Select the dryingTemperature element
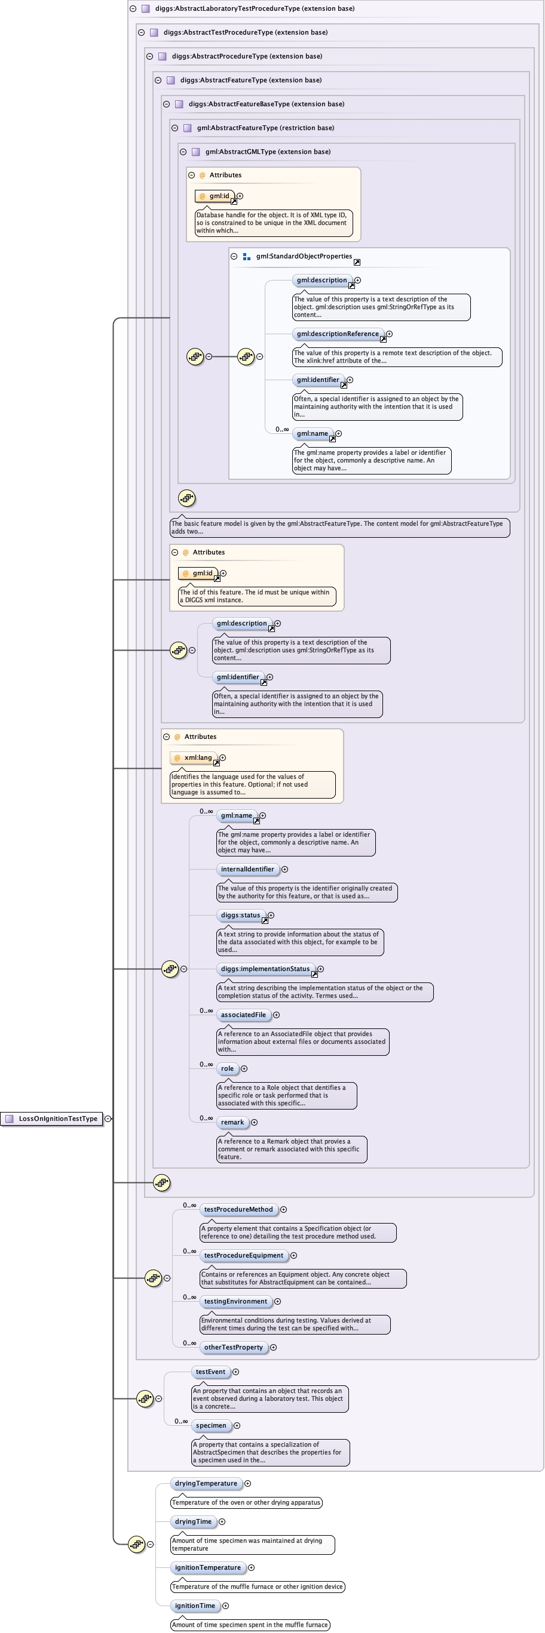click(x=206, y=1483)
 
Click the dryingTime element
click(x=193, y=1521)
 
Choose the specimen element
click(x=210, y=1426)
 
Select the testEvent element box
click(x=210, y=1372)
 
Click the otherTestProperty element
click(x=233, y=1347)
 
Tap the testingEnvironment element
click(x=235, y=1302)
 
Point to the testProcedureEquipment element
click(x=244, y=1255)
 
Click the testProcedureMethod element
click(x=238, y=1210)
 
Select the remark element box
click(x=232, y=1122)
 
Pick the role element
click(x=227, y=1069)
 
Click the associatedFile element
click(x=243, y=1015)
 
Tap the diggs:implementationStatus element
click(x=265, y=969)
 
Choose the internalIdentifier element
click(x=247, y=869)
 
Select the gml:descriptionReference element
click(x=338, y=334)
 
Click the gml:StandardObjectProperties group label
click(x=304, y=256)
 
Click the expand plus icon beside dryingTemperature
click(x=247, y=1483)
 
